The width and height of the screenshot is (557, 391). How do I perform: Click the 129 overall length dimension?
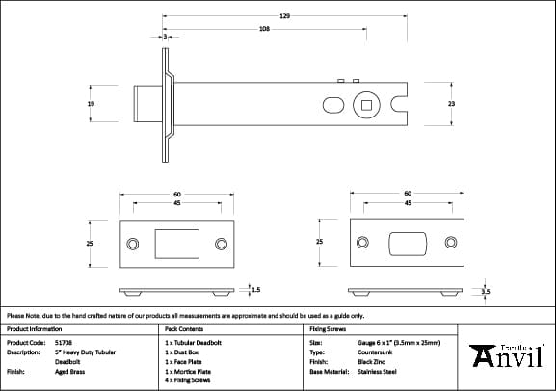pyautogui.click(x=284, y=16)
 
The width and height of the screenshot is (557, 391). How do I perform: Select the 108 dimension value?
pyautogui.click(x=264, y=29)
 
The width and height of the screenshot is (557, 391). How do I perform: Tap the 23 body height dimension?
pyautogui.click(x=452, y=103)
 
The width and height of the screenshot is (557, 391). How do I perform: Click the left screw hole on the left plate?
pyautogui.click(x=133, y=243)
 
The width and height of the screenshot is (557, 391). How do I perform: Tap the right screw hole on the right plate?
pyautogui.click(x=451, y=243)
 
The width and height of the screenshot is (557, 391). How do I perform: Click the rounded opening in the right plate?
pyautogui.click(x=408, y=243)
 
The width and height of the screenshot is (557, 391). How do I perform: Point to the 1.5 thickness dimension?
pyautogui.click(x=255, y=288)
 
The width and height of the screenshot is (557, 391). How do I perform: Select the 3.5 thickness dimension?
pyautogui.click(x=486, y=290)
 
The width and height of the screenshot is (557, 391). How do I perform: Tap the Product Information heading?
pyautogui.click(x=34, y=328)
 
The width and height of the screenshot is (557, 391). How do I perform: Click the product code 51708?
pyautogui.click(x=64, y=342)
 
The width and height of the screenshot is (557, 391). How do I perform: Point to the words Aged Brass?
pyautogui.click(x=69, y=370)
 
